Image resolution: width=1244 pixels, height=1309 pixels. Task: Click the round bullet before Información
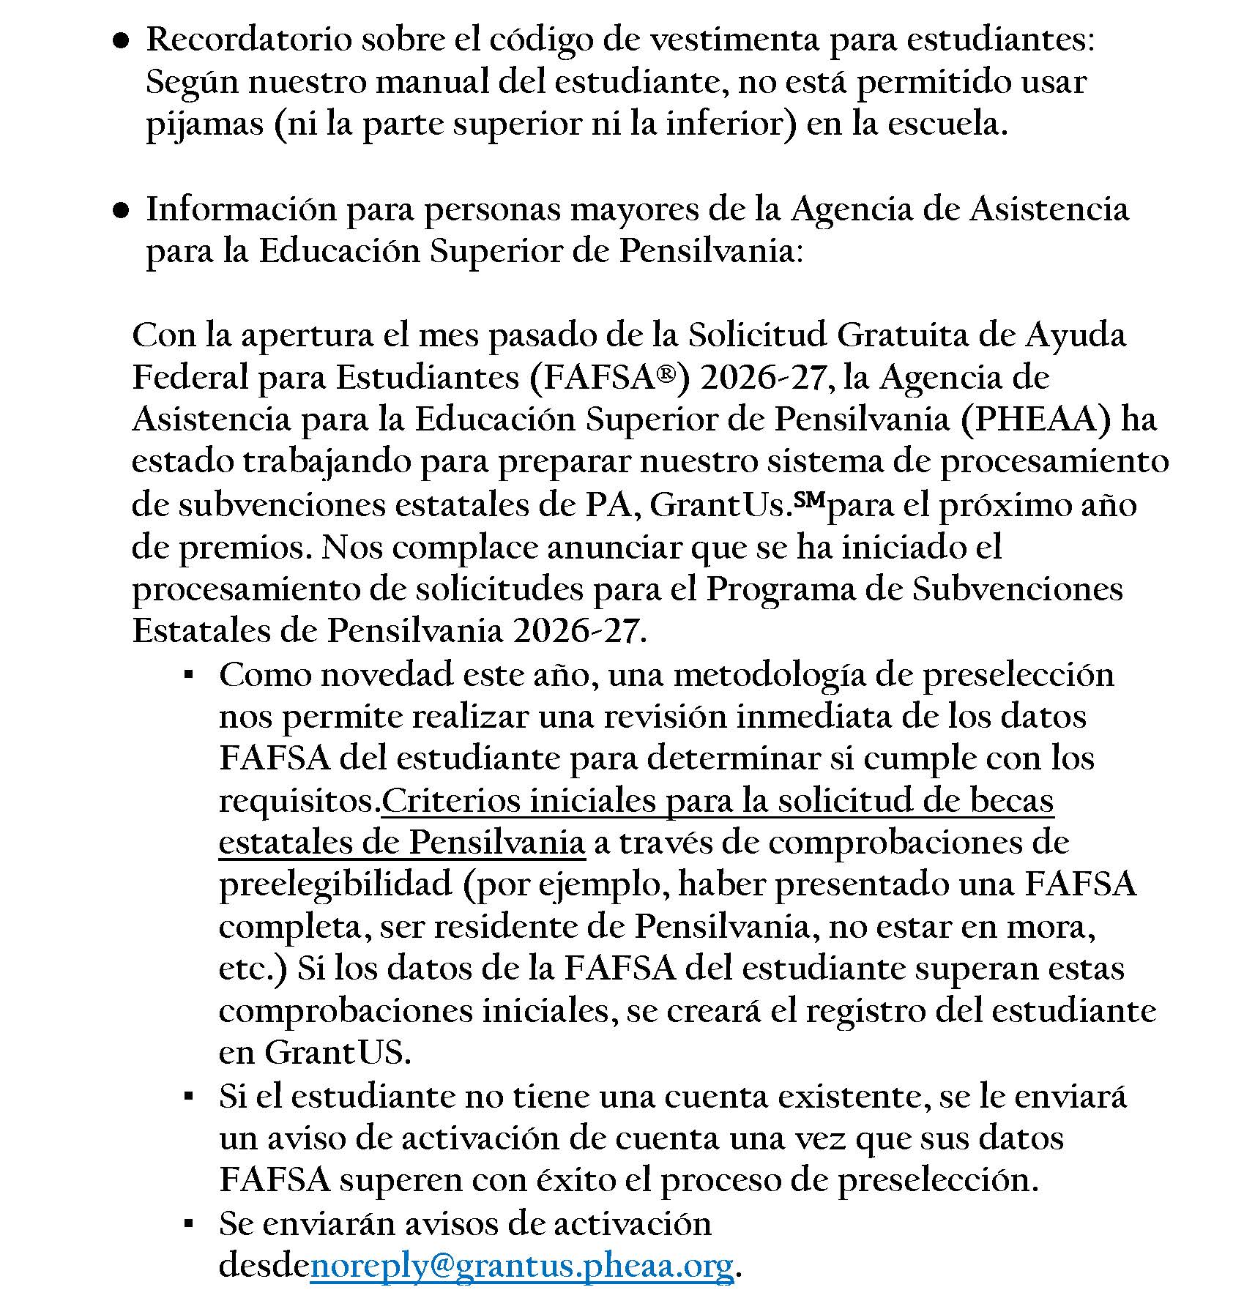[121, 211]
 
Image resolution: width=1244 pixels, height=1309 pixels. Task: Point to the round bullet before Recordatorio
[121, 42]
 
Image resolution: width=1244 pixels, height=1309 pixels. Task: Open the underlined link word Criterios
[449, 801]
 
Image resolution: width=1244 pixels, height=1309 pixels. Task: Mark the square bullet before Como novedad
[189, 676]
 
